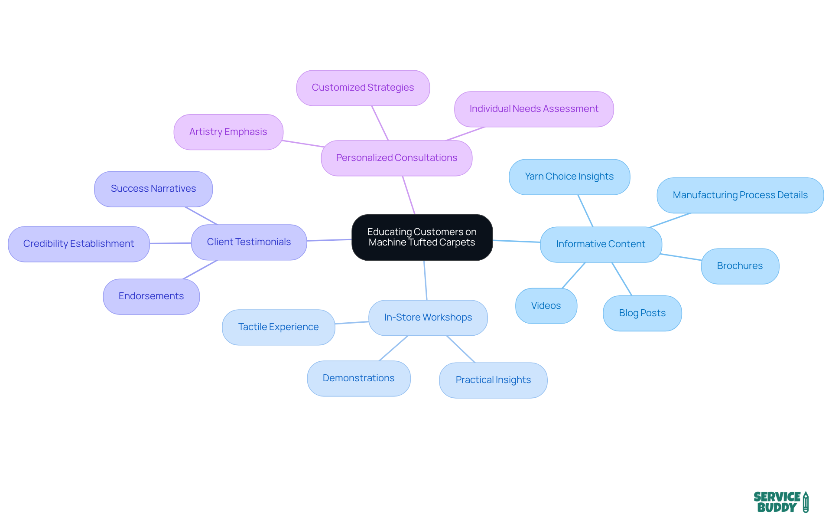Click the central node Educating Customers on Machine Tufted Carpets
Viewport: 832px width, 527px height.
422,237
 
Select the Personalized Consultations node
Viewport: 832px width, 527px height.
396,158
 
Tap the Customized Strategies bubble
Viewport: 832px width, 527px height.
363,88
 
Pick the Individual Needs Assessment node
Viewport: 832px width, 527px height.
534,109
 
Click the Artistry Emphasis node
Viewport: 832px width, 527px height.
228,132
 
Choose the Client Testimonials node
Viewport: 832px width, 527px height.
249,242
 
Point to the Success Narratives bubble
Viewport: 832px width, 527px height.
153,189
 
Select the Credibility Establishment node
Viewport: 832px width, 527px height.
78,244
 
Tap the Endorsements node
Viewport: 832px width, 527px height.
151,296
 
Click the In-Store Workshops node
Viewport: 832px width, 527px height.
428,318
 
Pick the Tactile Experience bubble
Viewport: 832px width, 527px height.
278,327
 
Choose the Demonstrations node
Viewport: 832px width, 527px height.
358,378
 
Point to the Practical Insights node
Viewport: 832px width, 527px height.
493,380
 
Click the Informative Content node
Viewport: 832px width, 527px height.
601,244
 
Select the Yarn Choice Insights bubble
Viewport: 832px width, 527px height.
569,177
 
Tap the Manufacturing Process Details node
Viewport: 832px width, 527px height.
740,195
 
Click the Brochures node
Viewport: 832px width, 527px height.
740,266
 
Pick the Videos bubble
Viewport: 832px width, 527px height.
546,306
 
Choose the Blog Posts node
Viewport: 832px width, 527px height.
642,313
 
